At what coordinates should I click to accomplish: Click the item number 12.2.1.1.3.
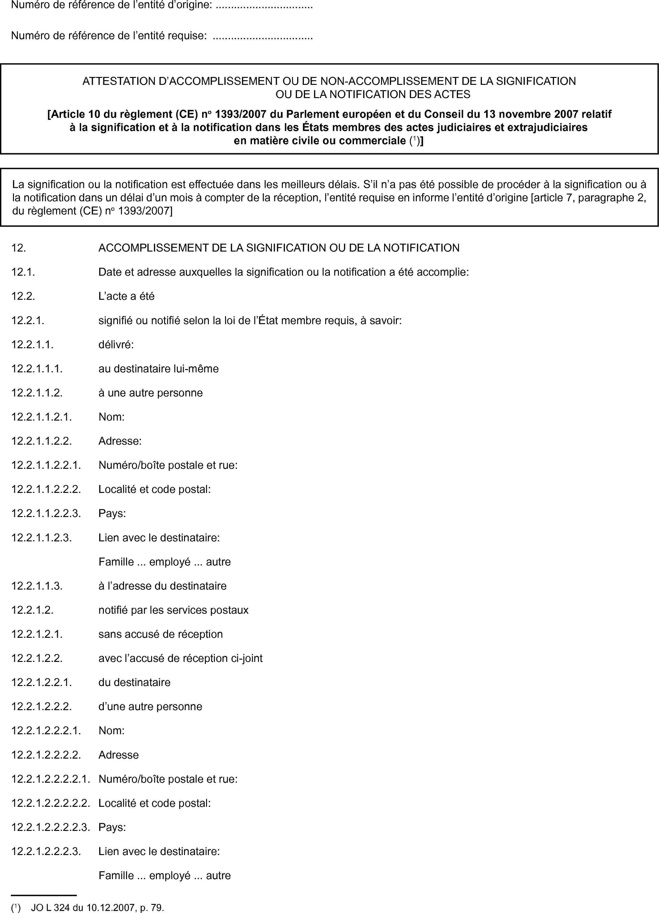37,586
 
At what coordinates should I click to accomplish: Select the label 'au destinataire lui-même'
159,369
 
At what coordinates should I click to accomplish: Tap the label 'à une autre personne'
151,393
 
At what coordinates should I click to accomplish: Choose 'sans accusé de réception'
161,634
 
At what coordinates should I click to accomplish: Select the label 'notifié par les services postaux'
174,610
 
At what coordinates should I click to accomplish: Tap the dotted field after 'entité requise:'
262,36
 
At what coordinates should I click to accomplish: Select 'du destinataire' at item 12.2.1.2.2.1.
134,682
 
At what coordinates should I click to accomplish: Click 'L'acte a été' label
126,296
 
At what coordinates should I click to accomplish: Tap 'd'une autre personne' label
150,706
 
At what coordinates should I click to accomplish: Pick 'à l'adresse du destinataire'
162,586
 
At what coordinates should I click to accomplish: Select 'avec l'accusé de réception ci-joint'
180,658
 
